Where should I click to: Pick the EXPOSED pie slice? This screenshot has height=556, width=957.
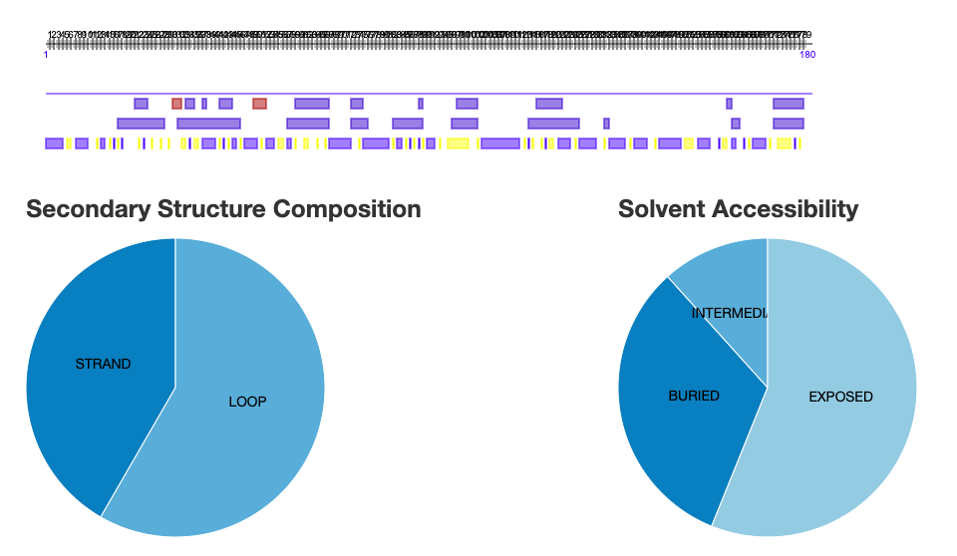click(841, 397)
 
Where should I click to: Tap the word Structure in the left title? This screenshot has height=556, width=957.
click(213, 209)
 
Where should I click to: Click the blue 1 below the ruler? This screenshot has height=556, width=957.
click(47, 55)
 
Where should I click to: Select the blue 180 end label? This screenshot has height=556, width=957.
click(807, 55)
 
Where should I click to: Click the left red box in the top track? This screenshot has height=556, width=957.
click(176, 104)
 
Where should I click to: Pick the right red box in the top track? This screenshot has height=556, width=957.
click(259, 104)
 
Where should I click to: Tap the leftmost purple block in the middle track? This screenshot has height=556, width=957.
click(141, 124)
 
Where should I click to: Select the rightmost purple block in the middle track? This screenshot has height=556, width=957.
click(789, 124)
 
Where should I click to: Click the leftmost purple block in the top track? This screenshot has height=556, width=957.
click(141, 104)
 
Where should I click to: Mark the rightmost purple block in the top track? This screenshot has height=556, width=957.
click(789, 104)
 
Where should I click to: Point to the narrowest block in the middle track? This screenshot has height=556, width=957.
click(606, 124)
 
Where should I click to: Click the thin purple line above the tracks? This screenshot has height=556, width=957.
click(429, 94)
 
